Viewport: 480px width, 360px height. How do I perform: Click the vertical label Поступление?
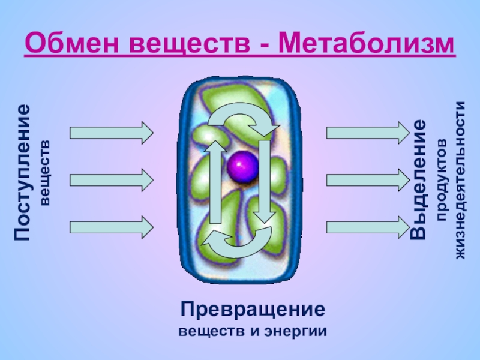click(23, 172)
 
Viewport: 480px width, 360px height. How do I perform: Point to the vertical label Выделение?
click(418, 179)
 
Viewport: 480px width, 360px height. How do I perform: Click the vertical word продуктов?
click(442, 180)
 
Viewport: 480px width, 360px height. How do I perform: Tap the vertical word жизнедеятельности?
click(461, 180)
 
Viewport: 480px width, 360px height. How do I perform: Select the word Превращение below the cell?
click(254, 311)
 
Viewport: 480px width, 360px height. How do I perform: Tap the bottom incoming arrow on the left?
click(112, 227)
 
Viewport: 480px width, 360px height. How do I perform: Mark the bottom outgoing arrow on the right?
click(367, 227)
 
